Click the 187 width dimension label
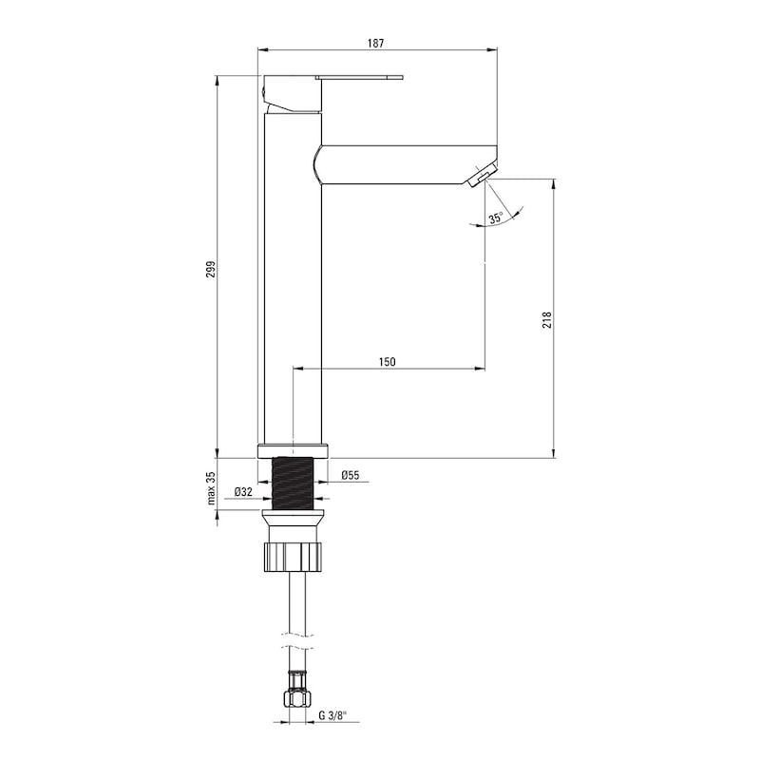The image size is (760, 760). click(375, 43)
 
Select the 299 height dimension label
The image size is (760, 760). click(211, 270)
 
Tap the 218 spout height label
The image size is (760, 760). click(547, 320)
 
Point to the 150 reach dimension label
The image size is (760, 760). click(387, 362)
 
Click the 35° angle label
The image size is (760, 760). click(495, 218)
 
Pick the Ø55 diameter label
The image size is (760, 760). click(350, 475)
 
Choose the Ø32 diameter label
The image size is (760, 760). click(243, 492)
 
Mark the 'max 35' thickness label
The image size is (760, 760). click(211, 488)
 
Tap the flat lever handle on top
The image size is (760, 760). click(359, 77)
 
